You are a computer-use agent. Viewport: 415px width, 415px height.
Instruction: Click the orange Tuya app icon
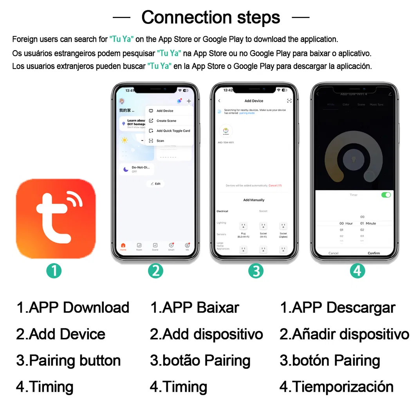[56, 219]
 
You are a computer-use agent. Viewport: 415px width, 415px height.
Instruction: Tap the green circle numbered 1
[54, 271]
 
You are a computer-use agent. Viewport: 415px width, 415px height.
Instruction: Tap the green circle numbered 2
[155, 271]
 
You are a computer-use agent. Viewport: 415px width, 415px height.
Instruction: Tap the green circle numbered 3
[256, 271]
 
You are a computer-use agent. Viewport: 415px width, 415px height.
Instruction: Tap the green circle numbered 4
[357, 271]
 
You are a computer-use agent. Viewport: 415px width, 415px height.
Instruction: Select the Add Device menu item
[164, 111]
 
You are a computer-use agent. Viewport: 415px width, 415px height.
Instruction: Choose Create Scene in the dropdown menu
[166, 121]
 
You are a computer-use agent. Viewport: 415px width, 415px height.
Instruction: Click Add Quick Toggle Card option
[173, 131]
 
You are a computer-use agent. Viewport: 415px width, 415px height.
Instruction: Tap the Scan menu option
[160, 141]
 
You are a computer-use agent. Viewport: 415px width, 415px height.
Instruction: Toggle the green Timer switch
[386, 195]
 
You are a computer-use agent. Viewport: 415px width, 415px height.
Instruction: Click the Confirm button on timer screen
[373, 253]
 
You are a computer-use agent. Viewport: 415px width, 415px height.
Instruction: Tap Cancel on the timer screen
[334, 253]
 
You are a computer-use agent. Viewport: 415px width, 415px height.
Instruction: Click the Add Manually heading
[254, 200]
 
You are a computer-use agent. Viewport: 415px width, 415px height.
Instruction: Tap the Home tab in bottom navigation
[123, 246]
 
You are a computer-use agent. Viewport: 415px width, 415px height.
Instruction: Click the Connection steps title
[211, 17]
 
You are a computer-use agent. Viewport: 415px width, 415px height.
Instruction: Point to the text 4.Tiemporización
[336, 387]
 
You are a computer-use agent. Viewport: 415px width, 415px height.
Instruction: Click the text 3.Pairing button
[69, 361]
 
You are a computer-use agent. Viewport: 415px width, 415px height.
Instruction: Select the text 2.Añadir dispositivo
[344, 334]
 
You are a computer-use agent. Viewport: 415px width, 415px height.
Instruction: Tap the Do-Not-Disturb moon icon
[126, 169]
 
